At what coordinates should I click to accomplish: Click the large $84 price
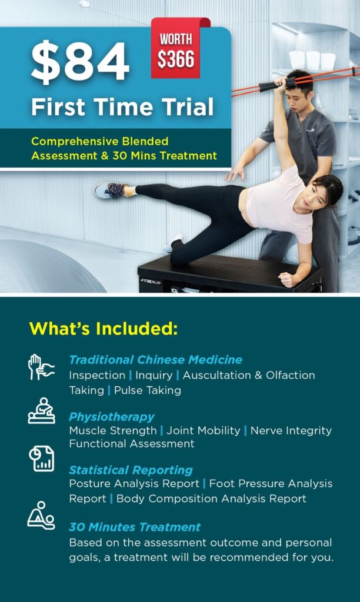click(80, 62)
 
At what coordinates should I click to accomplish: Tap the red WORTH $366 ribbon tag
click(176, 49)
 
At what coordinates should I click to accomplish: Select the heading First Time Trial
click(122, 107)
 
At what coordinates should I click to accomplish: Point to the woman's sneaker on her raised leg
click(110, 190)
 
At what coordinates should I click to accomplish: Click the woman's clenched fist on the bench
click(288, 279)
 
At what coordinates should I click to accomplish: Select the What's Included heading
click(104, 329)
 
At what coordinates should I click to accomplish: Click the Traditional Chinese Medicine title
click(156, 360)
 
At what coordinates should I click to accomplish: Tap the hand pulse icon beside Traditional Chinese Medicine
click(41, 367)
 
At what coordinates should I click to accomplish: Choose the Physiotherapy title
click(111, 417)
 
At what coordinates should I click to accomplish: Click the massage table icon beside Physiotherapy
click(42, 410)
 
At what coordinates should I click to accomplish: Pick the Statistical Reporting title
click(131, 470)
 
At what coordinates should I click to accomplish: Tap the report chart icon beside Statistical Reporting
click(42, 459)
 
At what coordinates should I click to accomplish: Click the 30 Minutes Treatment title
click(135, 527)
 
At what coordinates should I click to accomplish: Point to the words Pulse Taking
click(148, 390)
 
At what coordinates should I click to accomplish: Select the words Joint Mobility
click(204, 430)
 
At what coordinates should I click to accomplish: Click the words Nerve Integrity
click(291, 430)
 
